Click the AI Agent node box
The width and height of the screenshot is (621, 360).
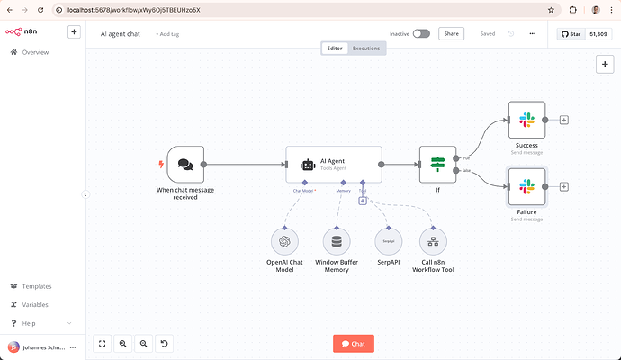(x=334, y=165)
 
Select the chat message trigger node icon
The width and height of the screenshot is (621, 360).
(x=185, y=165)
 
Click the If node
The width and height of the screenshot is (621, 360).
(x=437, y=165)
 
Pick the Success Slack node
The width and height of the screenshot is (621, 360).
(x=526, y=120)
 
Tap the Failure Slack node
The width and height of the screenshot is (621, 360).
(x=526, y=187)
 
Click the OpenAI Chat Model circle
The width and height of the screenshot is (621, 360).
(x=285, y=241)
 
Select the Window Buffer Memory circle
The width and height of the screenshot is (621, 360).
(x=337, y=241)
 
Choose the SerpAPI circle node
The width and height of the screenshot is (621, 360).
(x=388, y=241)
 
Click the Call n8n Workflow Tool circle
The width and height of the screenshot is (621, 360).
(x=433, y=241)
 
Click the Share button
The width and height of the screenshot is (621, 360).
(x=451, y=34)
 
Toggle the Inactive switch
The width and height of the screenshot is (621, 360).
(x=421, y=34)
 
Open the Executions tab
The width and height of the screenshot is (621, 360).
(x=366, y=48)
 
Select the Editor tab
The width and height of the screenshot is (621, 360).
(x=335, y=48)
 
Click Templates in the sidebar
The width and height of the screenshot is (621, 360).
(x=36, y=286)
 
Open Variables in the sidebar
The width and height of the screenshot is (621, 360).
(x=36, y=304)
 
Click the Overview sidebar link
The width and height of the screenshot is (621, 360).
(x=36, y=53)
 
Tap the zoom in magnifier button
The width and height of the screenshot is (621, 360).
(x=122, y=343)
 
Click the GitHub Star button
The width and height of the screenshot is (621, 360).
(x=571, y=34)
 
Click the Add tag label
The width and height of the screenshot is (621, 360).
(x=167, y=34)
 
